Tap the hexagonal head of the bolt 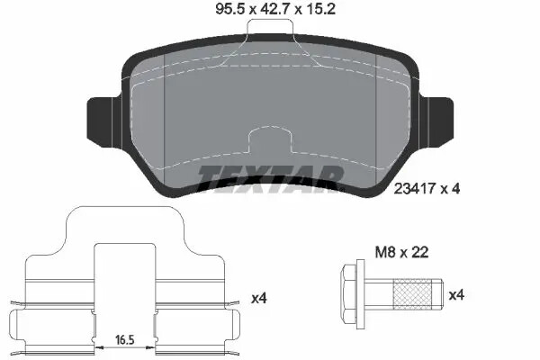[x=348, y=293]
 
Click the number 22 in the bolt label [x=419, y=254]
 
